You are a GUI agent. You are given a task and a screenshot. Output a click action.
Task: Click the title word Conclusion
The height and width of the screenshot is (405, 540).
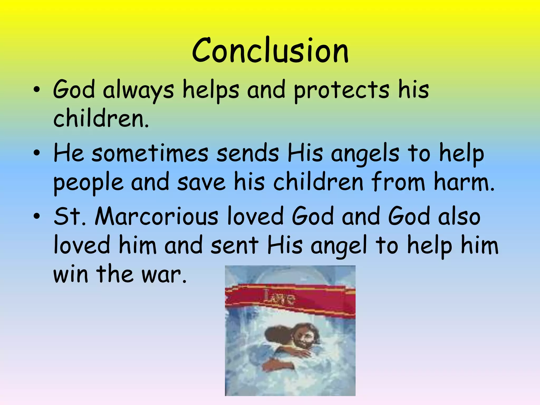coord(270,51)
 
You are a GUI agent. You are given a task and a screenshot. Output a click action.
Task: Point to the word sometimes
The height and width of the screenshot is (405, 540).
coord(150,154)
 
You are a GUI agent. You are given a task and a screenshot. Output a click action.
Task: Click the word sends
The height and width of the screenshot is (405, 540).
coord(248,154)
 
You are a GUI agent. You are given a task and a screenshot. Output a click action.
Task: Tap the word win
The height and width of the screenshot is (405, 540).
coord(71,274)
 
